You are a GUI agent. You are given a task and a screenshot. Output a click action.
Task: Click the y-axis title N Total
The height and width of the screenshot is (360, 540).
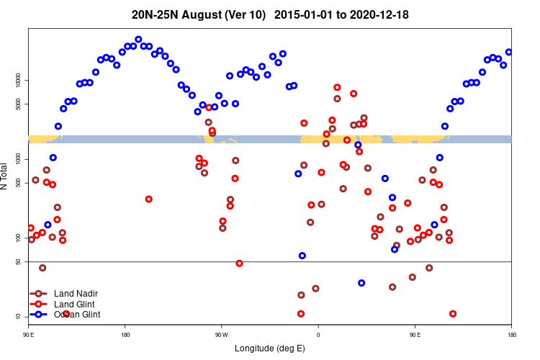coord(5,176)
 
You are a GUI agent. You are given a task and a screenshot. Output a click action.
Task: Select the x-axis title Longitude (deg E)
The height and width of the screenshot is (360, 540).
coord(270,348)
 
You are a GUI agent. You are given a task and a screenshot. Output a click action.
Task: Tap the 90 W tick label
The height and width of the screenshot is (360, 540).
coord(221,335)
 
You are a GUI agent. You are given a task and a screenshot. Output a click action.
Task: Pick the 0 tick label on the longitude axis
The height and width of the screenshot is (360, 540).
coord(318,335)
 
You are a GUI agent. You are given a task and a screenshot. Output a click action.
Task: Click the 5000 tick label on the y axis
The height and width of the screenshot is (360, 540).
coord(19,104)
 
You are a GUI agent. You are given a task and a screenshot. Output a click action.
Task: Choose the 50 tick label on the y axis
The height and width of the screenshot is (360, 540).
coord(19,262)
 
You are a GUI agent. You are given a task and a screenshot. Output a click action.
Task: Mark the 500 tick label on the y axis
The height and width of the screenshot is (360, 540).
coord(19,183)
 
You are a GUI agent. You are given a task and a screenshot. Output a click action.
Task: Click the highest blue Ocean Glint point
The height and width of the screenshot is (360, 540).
coord(138,40)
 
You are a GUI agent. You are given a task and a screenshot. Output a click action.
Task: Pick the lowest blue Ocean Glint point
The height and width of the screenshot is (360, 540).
coord(361,283)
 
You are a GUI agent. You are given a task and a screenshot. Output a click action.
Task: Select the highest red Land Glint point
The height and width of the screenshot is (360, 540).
coord(337,87)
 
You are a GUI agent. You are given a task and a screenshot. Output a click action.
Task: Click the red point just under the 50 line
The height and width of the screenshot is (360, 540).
coord(239,264)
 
